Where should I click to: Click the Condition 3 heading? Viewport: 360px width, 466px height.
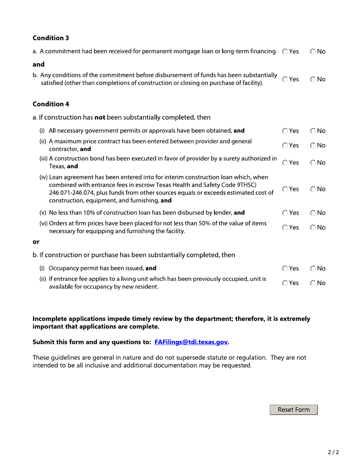(x=51, y=38)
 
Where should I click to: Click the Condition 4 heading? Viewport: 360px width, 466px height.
(x=51, y=104)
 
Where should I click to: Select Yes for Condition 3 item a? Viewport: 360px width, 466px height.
(x=285, y=52)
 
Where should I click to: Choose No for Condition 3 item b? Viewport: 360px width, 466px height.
(x=313, y=80)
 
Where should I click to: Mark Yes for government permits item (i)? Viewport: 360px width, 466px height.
(x=285, y=131)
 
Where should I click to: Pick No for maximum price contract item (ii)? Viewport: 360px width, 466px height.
(x=313, y=145)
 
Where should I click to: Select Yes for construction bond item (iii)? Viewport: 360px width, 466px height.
(x=285, y=163)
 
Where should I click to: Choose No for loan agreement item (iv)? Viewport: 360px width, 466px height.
(x=313, y=189)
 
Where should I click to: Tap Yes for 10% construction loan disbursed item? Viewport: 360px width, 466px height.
(x=285, y=213)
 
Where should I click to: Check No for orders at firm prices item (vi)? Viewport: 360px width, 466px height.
(x=313, y=228)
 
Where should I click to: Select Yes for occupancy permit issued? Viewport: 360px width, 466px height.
(x=285, y=269)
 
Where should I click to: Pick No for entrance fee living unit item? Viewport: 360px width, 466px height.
(x=313, y=283)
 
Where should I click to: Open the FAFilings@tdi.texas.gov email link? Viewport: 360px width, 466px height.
(x=191, y=342)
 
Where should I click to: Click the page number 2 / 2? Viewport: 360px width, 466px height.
(x=333, y=452)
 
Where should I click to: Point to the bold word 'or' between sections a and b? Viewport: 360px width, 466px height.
(x=36, y=242)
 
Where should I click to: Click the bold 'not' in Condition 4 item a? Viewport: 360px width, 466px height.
(x=100, y=117)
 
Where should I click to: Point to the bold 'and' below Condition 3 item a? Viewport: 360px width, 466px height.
(x=39, y=64)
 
